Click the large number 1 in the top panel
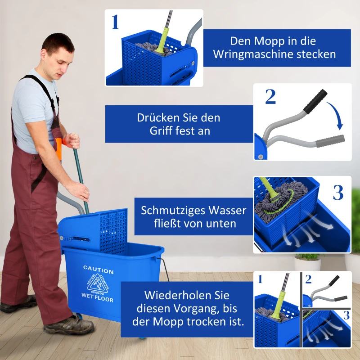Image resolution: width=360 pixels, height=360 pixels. point(116,22)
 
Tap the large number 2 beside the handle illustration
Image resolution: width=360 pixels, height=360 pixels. point(270,97)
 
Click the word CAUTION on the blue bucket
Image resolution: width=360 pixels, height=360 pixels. point(98,271)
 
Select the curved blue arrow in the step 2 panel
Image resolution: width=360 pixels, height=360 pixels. point(335,115)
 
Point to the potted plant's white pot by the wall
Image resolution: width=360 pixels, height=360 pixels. point(308,264)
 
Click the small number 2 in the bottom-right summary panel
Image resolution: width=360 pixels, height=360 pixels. point(308,279)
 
